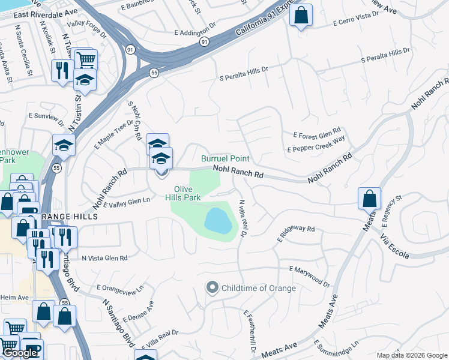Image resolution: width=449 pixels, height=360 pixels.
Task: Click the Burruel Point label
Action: pyautogui.click(x=225, y=159)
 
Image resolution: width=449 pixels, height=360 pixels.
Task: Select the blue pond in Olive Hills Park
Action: pyautogui.click(x=218, y=220)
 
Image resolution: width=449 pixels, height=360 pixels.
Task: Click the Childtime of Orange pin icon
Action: pyautogui.click(x=211, y=288)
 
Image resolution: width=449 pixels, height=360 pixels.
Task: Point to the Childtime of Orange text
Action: pyautogui.click(x=259, y=288)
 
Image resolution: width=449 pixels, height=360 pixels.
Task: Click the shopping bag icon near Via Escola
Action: pyautogui.click(x=369, y=198)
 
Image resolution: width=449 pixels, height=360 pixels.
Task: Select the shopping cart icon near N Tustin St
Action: pyautogui.click(x=86, y=60)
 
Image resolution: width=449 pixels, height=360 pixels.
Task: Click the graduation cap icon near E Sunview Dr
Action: pyautogui.click(x=64, y=145)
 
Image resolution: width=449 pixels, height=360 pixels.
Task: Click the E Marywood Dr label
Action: pyautogui.click(x=310, y=277)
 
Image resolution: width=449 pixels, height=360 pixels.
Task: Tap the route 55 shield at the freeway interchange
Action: pyautogui.click(x=154, y=72)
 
